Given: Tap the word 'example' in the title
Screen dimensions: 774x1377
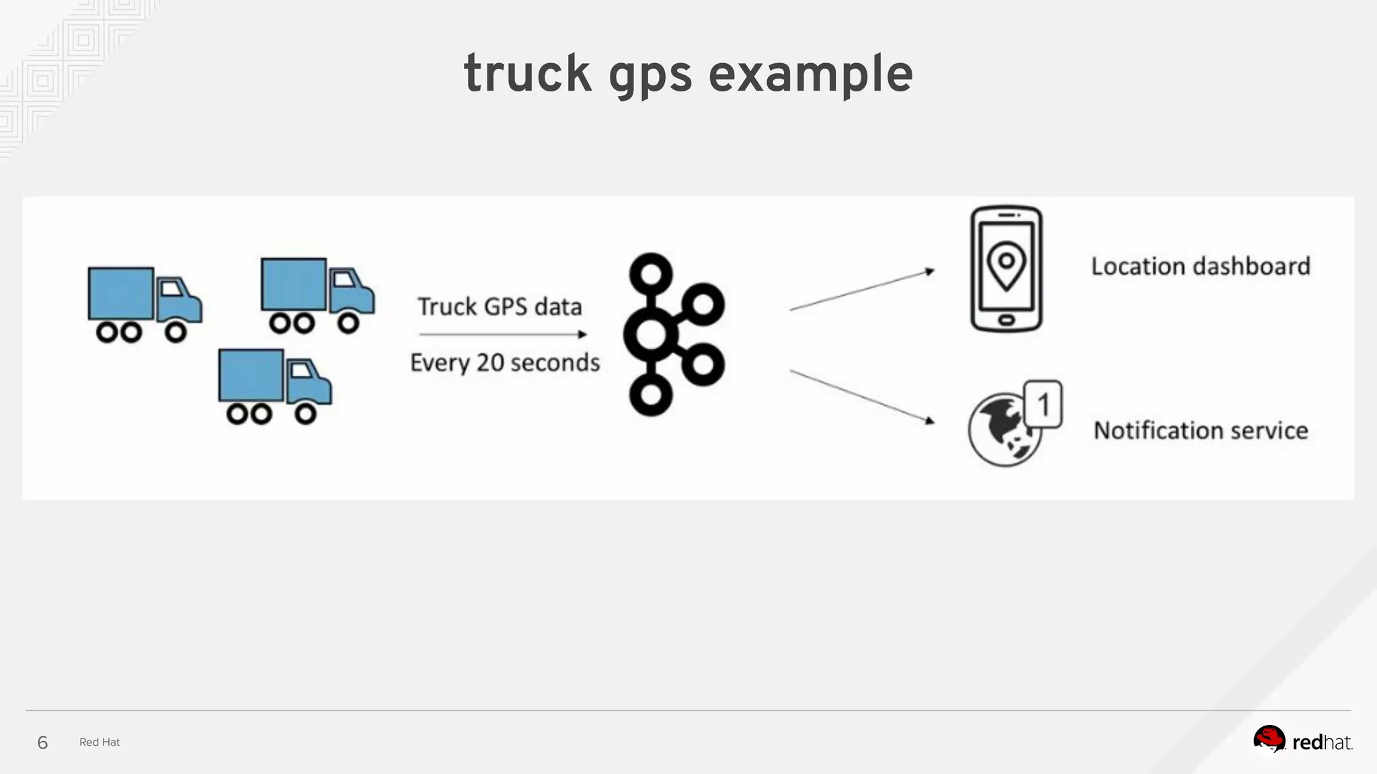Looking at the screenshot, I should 810,74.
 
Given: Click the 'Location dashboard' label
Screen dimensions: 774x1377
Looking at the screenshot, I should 1200,266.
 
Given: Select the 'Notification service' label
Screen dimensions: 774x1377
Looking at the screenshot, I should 1201,430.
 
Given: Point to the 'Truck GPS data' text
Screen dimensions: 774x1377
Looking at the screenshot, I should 500,306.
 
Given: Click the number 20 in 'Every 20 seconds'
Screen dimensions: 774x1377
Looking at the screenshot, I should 490,362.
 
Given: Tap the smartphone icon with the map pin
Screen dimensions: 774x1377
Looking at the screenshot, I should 1006,269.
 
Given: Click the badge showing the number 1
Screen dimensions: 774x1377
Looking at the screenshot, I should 1043,404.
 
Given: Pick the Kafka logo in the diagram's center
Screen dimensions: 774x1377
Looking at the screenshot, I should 674,335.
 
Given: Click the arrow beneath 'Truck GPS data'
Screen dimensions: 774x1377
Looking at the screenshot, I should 502,334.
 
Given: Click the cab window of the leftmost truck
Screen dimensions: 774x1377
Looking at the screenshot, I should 171,289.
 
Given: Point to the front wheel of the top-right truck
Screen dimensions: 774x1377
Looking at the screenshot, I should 348,323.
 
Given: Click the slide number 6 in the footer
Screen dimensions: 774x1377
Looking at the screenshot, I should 42,742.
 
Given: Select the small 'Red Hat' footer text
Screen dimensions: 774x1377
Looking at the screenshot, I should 100,742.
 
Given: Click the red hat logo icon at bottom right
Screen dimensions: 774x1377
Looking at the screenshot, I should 1269,740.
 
